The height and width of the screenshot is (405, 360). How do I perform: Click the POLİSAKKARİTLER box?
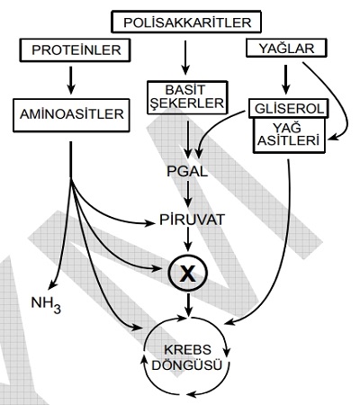(186, 22)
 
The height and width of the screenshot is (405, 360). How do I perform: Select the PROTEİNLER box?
(75, 50)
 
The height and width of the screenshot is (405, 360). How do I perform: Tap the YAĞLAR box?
(286, 48)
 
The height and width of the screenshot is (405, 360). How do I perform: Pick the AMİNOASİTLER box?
(71, 115)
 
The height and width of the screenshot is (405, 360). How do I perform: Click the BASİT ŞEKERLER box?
(187, 97)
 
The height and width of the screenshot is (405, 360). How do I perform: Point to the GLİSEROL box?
(289, 108)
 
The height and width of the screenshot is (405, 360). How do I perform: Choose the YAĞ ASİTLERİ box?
(289, 136)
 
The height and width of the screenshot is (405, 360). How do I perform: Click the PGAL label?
(187, 172)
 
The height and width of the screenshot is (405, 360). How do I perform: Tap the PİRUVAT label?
(192, 220)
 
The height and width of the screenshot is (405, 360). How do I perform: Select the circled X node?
(188, 274)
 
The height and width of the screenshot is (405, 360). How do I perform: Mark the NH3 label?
(46, 304)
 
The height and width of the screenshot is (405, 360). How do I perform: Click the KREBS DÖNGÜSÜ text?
(187, 357)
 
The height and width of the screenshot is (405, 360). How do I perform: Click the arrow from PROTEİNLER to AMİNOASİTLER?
(71, 80)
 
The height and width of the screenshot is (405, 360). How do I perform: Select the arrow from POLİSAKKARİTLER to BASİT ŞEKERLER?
(185, 58)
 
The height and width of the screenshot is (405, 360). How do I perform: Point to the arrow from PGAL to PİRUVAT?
(188, 194)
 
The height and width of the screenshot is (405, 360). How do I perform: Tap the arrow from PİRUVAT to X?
(188, 239)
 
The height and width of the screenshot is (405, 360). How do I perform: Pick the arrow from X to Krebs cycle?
(188, 305)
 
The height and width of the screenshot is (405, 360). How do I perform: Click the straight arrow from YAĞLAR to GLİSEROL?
(286, 79)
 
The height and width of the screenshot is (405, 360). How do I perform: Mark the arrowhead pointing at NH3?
(52, 285)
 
